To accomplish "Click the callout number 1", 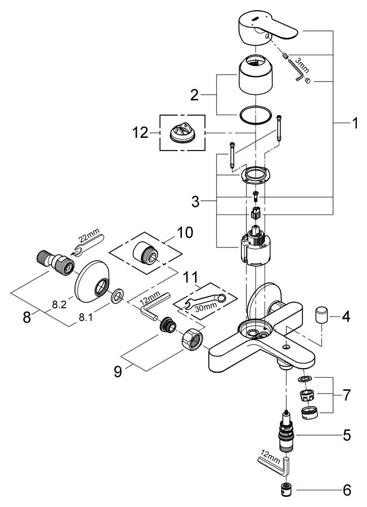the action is coord(355,123).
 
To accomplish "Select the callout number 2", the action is coord(194,95).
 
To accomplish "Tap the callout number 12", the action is coord(140,133).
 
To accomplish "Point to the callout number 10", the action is coord(185,233).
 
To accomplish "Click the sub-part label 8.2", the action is coord(59,304).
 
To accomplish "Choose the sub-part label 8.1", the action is coord(86,318).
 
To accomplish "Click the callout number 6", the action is coord(347,490).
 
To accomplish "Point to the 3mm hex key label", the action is coord(303,65).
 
